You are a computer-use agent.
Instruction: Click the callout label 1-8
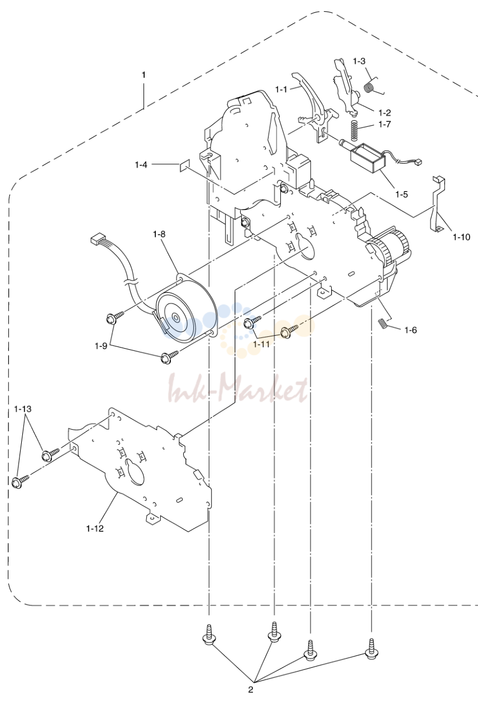pos(159,234)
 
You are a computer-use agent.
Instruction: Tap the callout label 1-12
pos(94,529)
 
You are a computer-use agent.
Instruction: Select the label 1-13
pos(22,409)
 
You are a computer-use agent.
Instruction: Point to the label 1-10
pos(461,237)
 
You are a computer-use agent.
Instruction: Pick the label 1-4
pos(141,164)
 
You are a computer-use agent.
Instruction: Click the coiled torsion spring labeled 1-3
pos(370,86)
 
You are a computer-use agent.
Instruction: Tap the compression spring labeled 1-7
pos(354,131)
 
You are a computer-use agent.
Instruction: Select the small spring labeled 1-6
pos(382,324)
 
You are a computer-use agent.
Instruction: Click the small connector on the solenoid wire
pos(418,163)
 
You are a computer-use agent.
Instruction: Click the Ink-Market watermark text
pos(238,389)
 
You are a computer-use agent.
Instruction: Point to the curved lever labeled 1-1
pos(306,97)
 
